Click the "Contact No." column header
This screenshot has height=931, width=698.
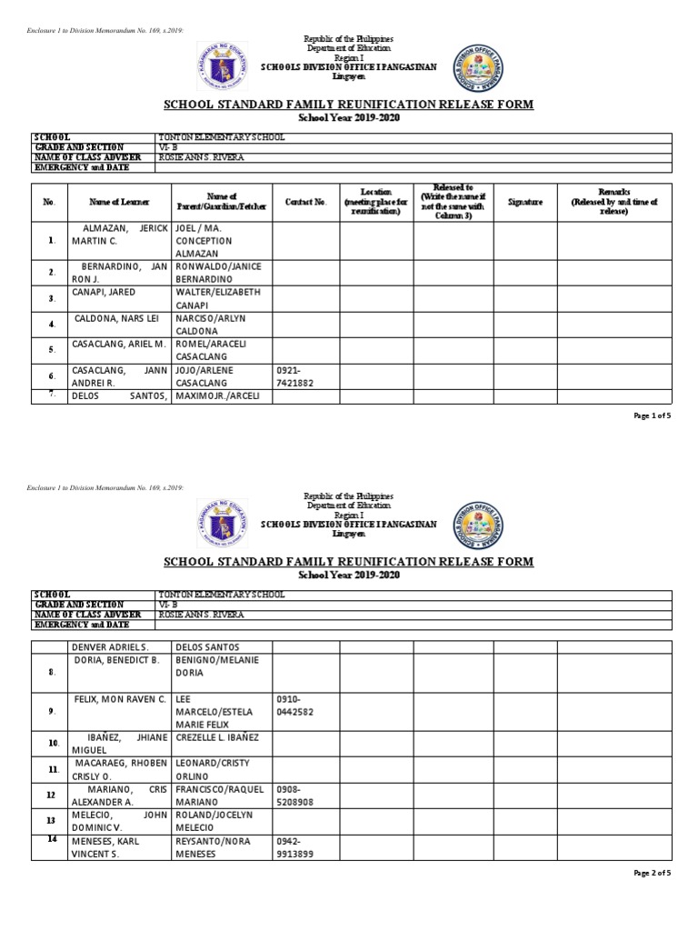[305, 202]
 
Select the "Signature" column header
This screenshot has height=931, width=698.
[524, 202]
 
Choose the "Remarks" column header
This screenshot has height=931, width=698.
[613, 202]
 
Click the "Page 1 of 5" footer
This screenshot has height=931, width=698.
[652, 415]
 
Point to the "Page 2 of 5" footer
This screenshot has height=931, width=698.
[652, 873]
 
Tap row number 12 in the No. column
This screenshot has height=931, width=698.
[52, 795]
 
